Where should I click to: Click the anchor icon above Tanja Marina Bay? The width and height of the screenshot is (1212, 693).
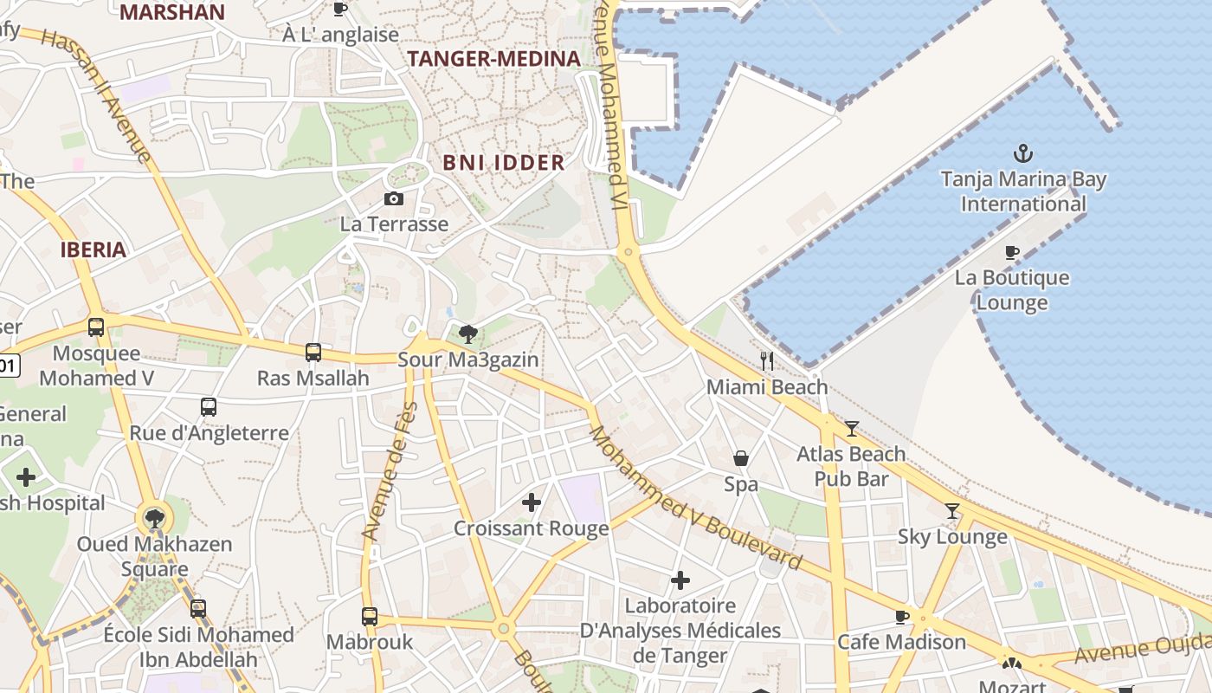point(1023,153)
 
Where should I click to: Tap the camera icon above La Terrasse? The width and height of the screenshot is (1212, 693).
point(394,199)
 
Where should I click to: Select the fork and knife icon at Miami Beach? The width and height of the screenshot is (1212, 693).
point(766,360)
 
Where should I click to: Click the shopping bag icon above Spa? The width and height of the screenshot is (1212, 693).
point(741,458)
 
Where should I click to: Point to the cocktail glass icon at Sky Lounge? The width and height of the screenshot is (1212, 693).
point(952,511)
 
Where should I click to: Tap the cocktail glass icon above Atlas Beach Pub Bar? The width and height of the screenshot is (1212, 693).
point(852,428)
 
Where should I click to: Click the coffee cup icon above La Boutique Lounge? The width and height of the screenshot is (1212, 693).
point(1011,252)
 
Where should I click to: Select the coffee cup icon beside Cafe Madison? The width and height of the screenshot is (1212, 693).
point(902,617)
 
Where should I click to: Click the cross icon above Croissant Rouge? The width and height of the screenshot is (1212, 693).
point(532,502)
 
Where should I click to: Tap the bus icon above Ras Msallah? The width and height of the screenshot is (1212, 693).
point(313,353)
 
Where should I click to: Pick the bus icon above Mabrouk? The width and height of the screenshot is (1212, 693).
point(370,617)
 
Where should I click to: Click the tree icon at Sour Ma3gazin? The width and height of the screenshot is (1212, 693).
point(468,334)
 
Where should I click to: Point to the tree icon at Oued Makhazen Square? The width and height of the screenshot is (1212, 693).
point(155,519)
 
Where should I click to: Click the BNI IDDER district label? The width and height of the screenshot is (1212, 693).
point(503,162)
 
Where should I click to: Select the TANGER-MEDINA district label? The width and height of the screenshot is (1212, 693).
point(493,59)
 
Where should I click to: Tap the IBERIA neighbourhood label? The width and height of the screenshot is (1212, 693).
point(93,249)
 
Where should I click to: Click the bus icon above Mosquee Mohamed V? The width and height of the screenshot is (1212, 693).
point(96,327)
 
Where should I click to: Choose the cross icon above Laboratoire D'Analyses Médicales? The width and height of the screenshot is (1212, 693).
point(680,580)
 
